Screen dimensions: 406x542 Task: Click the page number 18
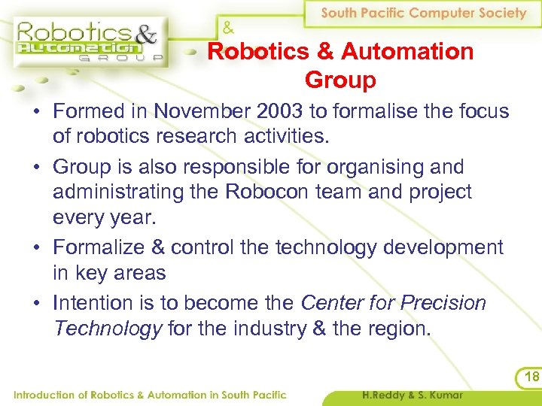tap(529, 376)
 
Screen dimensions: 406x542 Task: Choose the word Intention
tap(97, 303)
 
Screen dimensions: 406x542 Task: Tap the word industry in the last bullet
tap(268, 329)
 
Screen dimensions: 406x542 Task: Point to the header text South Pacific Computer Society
tap(424, 13)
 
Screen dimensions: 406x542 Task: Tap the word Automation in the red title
tap(407, 52)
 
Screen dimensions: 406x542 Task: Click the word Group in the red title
tap(340, 79)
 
